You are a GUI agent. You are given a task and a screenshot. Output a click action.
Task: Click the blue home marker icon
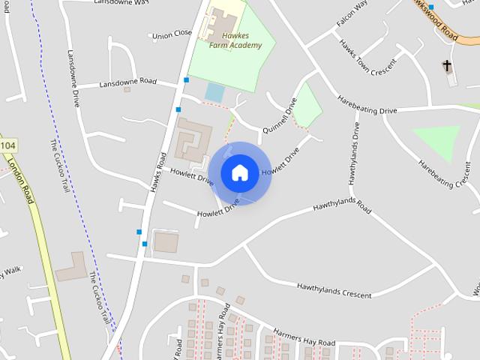(x=239, y=172)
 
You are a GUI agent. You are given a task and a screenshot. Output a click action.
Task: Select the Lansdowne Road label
(x=127, y=82)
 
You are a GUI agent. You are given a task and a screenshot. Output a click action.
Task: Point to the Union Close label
(x=172, y=34)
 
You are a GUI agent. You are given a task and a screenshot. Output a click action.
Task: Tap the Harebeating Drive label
(x=367, y=105)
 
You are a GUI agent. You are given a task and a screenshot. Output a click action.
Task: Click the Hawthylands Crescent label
(x=334, y=289)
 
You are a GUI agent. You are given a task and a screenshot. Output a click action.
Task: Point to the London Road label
(x=21, y=180)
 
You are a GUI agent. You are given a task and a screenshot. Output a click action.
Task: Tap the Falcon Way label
(x=352, y=14)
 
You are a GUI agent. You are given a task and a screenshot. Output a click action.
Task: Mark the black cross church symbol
(x=448, y=66)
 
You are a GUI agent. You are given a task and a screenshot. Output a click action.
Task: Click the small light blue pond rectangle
(x=214, y=93)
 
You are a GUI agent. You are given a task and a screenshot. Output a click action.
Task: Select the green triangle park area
(x=438, y=141)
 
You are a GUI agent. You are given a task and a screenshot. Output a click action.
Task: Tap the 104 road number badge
(x=7, y=144)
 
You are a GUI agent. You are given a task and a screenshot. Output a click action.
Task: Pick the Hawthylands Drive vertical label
(x=354, y=154)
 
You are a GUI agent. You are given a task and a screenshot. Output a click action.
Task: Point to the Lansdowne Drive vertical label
(x=73, y=79)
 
